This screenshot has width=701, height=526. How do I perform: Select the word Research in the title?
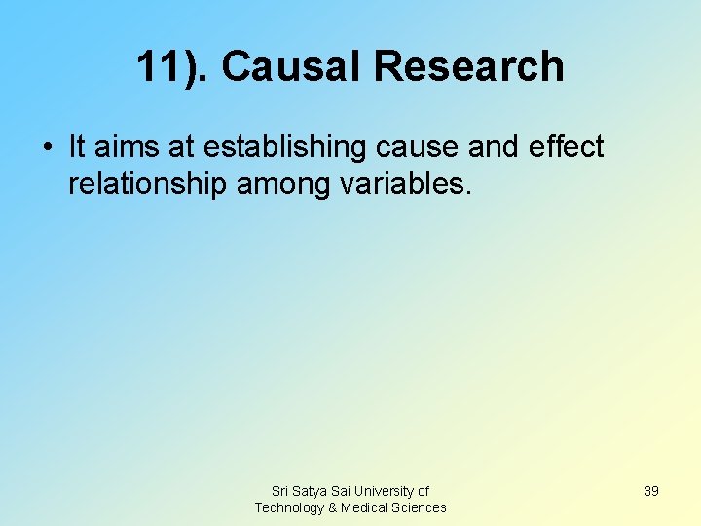click(x=468, y=66)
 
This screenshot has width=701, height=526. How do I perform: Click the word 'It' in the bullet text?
click(x=77, y=147)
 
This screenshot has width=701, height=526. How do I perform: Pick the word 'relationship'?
click(x=147, y=184)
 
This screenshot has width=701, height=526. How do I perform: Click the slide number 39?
click(x=650, y=491)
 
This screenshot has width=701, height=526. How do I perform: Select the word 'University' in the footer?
click(x=384, y=491)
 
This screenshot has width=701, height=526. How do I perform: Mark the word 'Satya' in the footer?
click(x=311, y=491)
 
